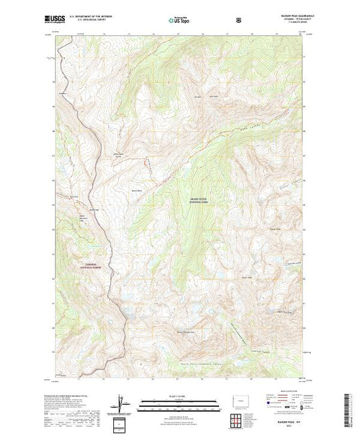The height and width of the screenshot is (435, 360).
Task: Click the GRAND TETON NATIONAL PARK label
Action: (x=198, y=201)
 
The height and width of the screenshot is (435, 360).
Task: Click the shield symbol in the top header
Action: (x=238, y=20)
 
